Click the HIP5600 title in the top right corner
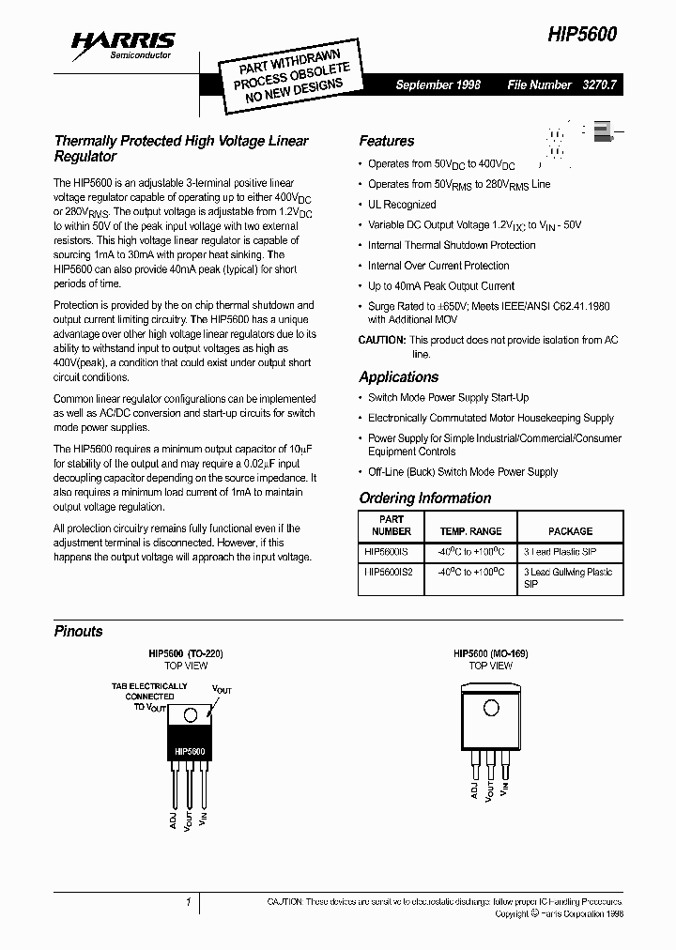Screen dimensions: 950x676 click(583, 34)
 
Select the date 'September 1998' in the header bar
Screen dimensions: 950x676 click(438, 84)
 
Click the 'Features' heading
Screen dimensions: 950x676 click(386, 141)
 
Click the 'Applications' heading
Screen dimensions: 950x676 click(398, 376)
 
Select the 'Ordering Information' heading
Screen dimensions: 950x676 click(424, 498)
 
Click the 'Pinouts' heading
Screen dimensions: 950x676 click(78, 631)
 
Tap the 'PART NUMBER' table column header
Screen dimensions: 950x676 click(392, 525)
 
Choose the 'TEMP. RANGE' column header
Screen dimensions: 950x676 click(470, 531)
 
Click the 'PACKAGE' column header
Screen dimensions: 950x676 click(570, 531)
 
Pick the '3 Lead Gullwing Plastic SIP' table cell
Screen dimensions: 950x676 click(568, 577)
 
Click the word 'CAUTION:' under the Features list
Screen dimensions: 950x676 click(382, 340)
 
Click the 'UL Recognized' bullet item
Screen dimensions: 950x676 click(401, 204)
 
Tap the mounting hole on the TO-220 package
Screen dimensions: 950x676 click(191, 715)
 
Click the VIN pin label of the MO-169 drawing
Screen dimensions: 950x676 click(505, 788)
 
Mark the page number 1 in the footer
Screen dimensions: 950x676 click(189, 902)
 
